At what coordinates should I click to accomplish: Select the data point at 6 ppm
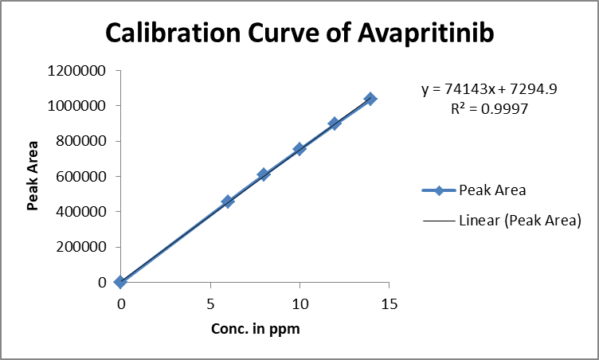pyautogui.click(x=228, y=202)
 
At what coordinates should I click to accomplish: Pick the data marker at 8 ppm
pyautogui.click(x=264, y=174)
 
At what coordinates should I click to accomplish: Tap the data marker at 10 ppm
pyautogui.click(x=299, y=149)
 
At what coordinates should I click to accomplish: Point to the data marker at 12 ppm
pyautogui.click(x=335, y=123)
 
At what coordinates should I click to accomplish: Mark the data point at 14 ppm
pyautogui.click(x=370, y=99)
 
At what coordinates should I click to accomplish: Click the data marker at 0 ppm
pyautogui.click(x=120, y=281)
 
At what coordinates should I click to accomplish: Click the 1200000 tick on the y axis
pyautogui.click(x=78, y=71)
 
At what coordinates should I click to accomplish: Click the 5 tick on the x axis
pyautogui.click(x=210, y=303)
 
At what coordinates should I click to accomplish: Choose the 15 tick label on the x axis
pyautogui.click(x=389, y=303)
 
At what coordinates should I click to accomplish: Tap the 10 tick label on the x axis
pyautogui.click(x=299, y=303)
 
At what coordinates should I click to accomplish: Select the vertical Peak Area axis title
pyautogui.click(x=33, y=177)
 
